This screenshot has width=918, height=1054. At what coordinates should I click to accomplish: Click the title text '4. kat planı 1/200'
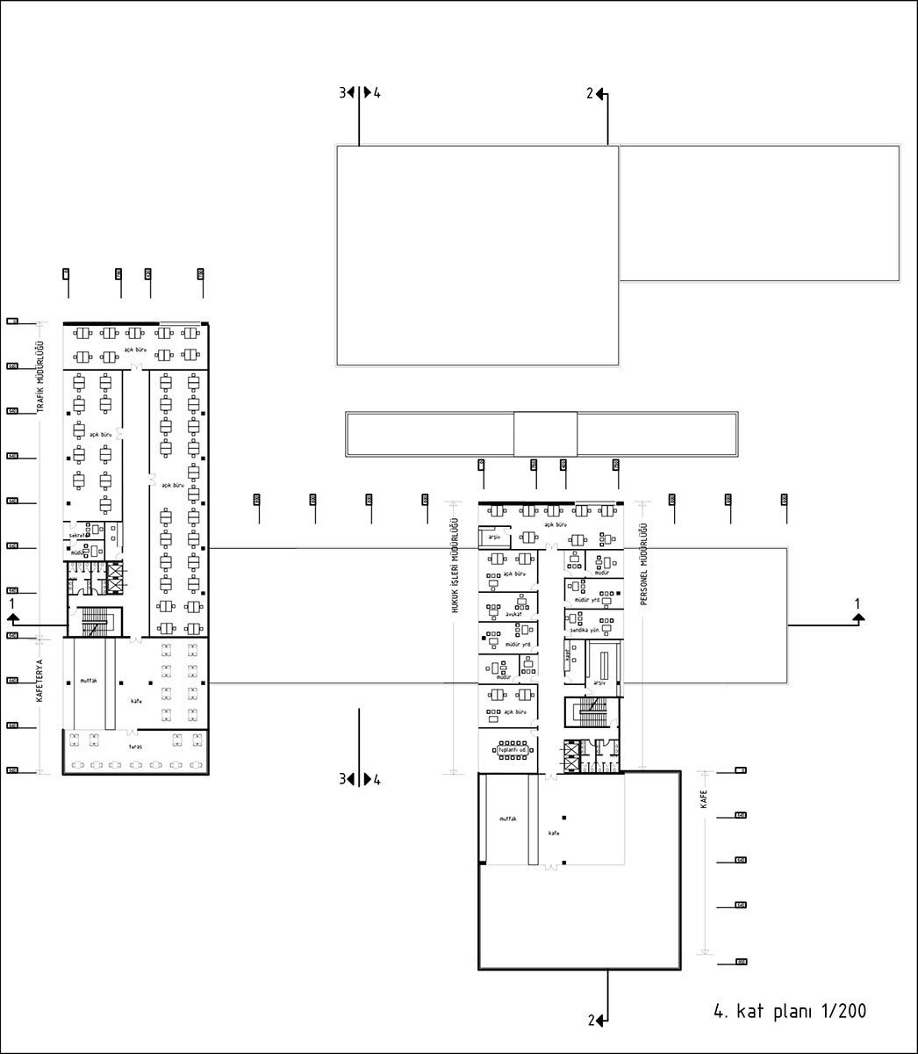tap(790, 1011)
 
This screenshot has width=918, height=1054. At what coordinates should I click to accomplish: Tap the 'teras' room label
tap(135, 746)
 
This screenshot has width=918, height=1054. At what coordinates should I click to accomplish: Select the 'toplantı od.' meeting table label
tap(511, 750)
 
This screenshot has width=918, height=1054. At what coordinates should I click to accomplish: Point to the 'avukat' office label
tap(501, 614)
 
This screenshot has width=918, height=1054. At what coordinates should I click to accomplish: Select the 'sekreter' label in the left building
tap(80, 536)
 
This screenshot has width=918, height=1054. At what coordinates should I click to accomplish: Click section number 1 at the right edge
tap(857, 603)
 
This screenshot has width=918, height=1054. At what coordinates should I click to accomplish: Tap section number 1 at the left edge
tap(11, 604)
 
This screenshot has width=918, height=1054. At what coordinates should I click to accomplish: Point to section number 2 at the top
tap(591, 92)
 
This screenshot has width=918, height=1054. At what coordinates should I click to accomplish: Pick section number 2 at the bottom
tap(592, 1020)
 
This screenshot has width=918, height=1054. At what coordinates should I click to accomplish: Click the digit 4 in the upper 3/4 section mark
tap(377, 92)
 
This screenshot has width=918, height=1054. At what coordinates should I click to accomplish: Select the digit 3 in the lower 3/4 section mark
tap(343, 778)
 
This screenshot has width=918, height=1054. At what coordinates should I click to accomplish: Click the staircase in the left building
tap(93, 623)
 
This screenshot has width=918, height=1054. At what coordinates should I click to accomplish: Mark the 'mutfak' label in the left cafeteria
tap(88, 681)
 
